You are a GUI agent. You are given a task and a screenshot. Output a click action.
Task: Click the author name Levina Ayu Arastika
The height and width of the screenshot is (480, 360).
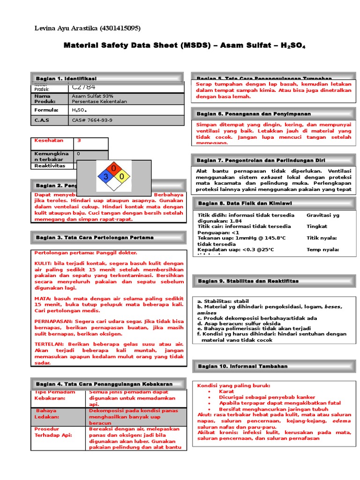(x=66, y=29)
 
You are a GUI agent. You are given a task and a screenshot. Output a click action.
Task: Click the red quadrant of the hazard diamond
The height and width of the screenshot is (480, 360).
(x=113, y=168)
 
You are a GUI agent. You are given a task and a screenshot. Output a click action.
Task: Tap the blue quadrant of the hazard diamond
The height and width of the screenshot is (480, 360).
(x=105, y=177)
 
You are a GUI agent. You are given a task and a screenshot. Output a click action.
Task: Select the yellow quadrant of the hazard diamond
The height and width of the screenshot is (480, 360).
(x=121, y=177)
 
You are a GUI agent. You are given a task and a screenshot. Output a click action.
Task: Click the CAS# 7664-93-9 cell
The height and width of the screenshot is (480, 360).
(x=92, y=120)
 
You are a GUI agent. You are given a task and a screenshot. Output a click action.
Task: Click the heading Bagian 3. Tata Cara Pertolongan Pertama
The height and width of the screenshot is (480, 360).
(x=95, y=238)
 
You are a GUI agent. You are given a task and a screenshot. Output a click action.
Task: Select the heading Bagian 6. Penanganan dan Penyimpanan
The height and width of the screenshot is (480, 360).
(x=254, y=114)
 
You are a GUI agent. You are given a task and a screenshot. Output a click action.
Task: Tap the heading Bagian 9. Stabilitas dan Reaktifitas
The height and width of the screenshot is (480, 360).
(x=248, y=281)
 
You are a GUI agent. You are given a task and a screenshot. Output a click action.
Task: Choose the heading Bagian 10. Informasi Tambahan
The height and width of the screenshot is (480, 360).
(x=242, y=366)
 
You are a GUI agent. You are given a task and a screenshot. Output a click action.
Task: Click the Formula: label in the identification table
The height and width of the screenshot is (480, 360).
(x=46, y=110)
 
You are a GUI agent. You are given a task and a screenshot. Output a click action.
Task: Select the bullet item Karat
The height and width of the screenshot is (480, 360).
(x=226, y=391)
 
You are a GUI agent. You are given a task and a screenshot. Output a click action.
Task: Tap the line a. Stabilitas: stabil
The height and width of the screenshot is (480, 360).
(x=223, y=301)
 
